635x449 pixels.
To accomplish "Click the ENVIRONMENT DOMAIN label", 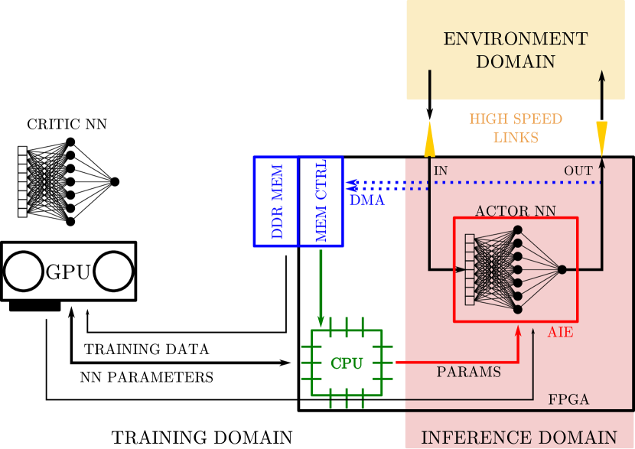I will [516, 50].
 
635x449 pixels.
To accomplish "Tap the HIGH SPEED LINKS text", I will [516, 129].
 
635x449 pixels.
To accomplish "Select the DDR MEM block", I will [276, 201].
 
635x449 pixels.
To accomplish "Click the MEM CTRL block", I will [321, 201].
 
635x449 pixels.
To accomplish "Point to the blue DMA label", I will [366, 200].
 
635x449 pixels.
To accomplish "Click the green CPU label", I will [347, 363].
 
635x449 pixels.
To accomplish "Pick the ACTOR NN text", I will [516, 210].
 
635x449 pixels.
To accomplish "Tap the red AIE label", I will [560, 333].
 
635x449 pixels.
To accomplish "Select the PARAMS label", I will [469, 373].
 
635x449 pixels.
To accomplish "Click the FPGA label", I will [568, 399].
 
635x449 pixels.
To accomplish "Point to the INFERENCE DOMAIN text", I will [519, 438].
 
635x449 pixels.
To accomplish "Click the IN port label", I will [441, 171].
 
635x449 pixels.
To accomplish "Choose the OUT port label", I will [578, 171].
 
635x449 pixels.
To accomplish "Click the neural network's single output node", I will [562, 269].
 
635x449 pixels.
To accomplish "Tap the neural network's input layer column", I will [470, 269].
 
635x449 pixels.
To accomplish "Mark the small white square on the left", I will [23, 186].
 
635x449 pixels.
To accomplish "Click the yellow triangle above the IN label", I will [429, 140].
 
